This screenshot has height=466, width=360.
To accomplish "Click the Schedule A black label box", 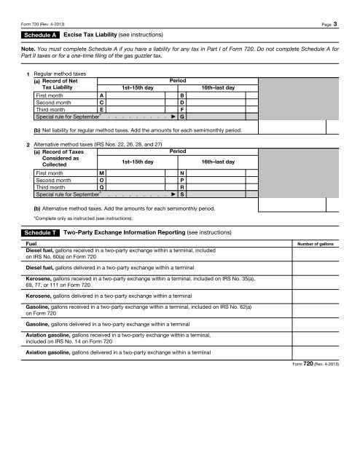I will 39,34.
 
